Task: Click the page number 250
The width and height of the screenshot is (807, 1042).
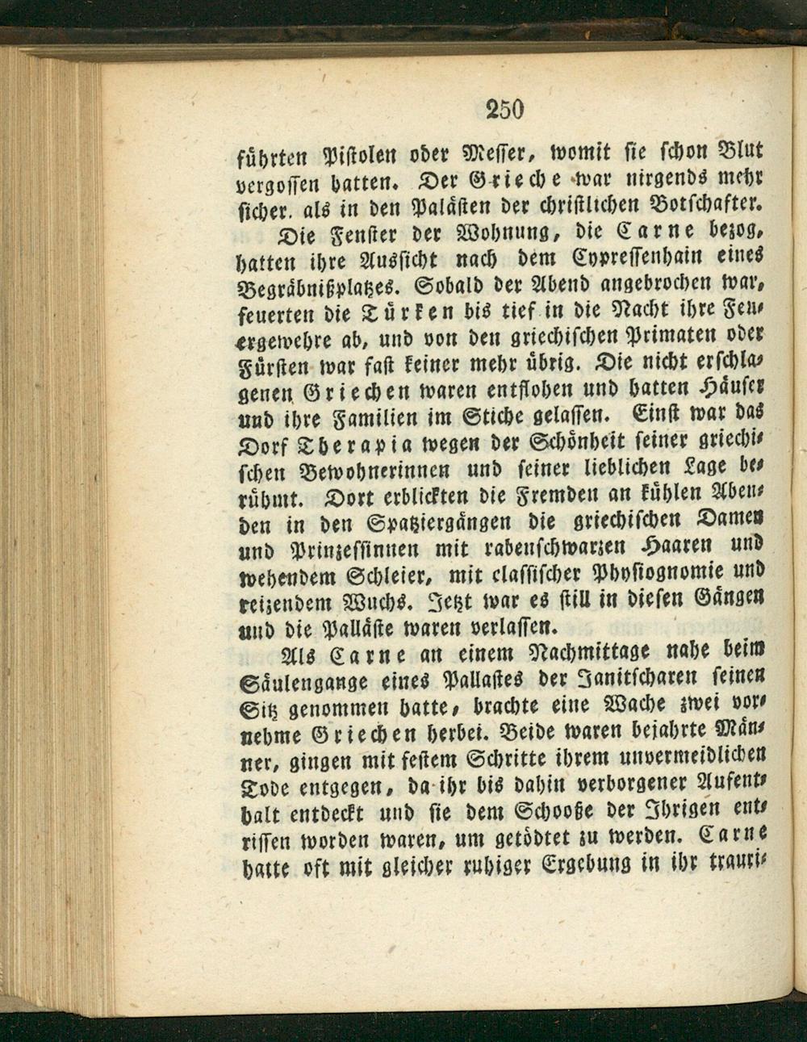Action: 506,109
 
